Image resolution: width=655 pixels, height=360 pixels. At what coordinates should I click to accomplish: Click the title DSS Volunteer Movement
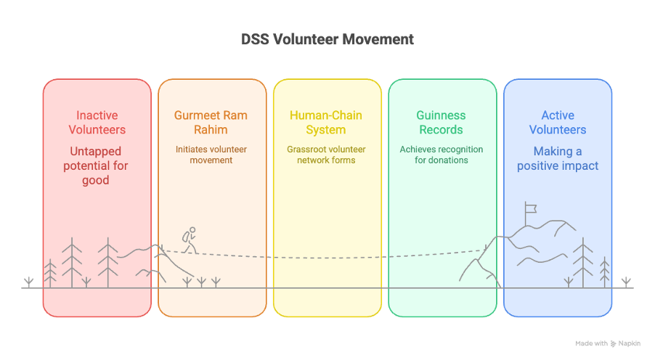pyautogui.click(x=327, y=39)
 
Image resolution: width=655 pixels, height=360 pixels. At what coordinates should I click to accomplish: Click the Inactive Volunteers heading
pyautogui.click(x=97, y=123)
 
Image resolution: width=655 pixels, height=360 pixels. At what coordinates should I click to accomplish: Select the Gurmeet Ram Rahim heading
pyautogui.click(x=211, y=123)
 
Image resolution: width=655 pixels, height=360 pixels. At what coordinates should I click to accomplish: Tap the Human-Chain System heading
pyautogui.click(x=326, y=123)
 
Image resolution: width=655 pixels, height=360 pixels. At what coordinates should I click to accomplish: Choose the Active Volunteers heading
pyautogui.click(x=557, y=123)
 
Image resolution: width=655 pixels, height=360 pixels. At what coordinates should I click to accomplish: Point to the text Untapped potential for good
pyautogui.click(x=97, y=165)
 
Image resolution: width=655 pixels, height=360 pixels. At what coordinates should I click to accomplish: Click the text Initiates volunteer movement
pyautogui.click(x=211, y=155)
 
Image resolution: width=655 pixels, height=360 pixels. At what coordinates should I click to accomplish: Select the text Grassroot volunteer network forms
pyautogui.click(x=326, y=155)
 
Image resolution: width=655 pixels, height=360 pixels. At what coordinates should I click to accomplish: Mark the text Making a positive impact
pyautogui.click(x=557, y=158)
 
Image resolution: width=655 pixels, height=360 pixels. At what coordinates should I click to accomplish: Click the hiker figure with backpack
pyautogui.click(x=190, y=241)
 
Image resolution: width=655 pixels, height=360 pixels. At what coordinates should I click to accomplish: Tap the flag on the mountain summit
pyautogui.click(x=531, y=208)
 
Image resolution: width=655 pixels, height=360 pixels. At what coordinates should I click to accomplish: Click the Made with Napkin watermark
pyautogui.click(x=609, y=343)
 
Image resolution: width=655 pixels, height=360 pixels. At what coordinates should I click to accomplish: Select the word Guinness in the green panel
pyautogui.click(x=441, y=115)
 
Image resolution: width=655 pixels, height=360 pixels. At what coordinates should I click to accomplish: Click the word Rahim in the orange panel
pyautogui.click(x=211, y=130)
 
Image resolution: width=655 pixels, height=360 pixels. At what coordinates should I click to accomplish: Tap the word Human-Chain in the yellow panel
pyautogui.click(x=326, y=115)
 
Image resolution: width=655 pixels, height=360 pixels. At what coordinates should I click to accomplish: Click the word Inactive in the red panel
pyautogui.click(x=97, y=115)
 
